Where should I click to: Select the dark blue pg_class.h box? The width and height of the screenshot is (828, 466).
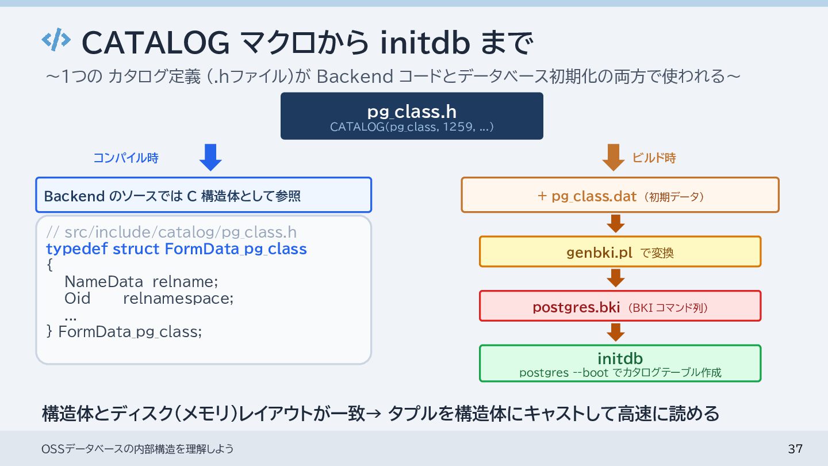412,116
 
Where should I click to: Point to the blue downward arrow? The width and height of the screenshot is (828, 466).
210,157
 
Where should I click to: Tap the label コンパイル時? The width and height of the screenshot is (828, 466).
126,158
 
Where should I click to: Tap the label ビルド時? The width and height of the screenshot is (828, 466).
654,158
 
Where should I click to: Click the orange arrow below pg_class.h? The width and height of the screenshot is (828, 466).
614,157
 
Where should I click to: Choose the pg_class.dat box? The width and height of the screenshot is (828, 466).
620,195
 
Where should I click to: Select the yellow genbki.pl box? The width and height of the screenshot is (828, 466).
620,251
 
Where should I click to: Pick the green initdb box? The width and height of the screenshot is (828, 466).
620,363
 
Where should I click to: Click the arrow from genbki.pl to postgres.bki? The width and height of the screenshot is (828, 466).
616,278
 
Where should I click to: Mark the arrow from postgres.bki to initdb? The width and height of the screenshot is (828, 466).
616,333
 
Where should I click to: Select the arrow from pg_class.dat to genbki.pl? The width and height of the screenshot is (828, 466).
616,224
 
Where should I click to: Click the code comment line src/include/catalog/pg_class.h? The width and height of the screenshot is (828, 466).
171,232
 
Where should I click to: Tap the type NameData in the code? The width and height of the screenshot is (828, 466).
103,282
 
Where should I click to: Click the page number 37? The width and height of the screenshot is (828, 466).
795,449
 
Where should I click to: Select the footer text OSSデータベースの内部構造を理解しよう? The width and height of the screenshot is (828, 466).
138,449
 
